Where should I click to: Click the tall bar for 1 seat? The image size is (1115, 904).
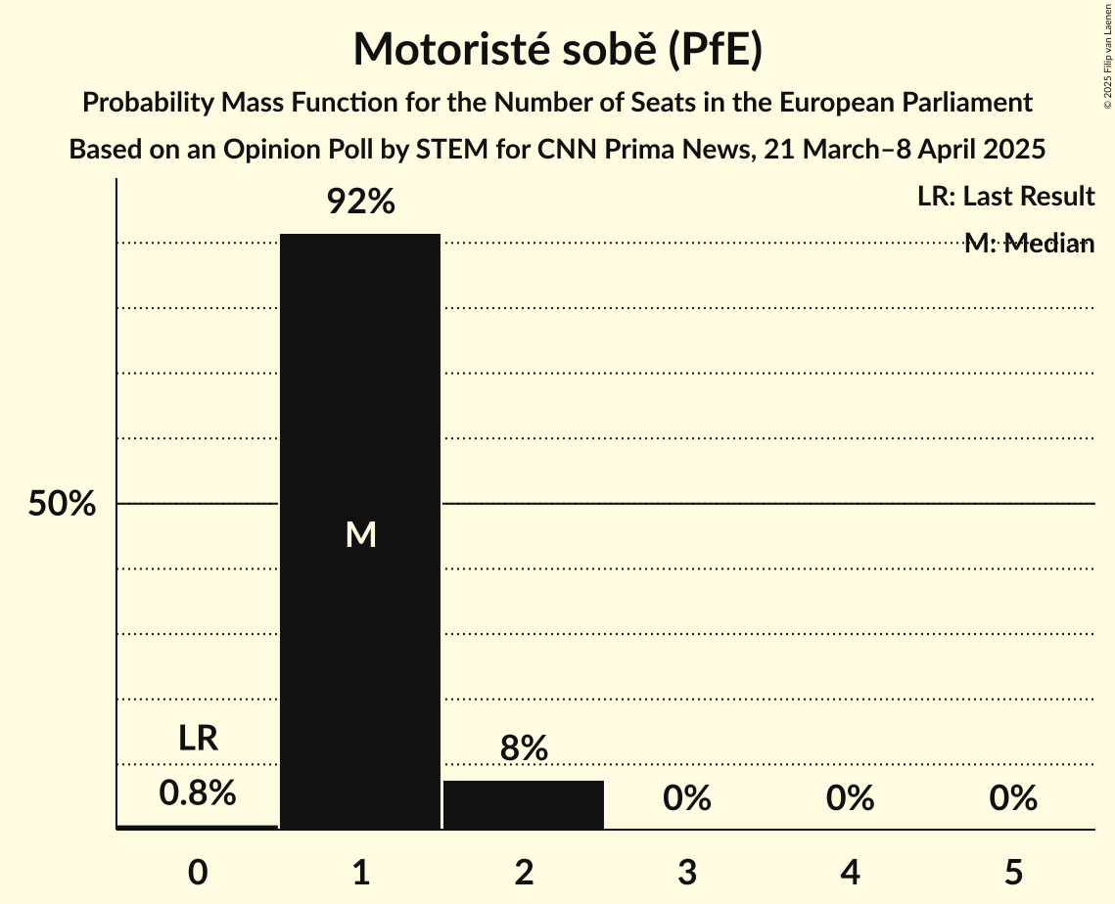click(360, 391)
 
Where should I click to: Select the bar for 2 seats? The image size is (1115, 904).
click(524, 804)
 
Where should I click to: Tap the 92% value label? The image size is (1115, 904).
click(360, 203)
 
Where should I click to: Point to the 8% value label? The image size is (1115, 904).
click(524, 748)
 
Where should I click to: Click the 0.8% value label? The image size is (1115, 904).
click(198, 792)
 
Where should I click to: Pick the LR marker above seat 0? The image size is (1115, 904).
click(198, 739)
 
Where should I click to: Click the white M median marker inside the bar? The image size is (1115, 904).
click(360, 534)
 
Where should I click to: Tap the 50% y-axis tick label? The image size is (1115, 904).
click(62, 504)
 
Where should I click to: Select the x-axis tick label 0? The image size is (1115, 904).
click(198, 872)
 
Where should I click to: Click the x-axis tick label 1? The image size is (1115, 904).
click(360, 872)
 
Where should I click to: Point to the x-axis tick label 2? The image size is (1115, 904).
click(524, 872)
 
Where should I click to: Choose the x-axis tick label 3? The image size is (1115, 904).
click(686, 872)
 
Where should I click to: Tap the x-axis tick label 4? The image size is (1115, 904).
click(850, 872)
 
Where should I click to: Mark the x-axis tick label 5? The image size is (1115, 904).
click(1012, 872)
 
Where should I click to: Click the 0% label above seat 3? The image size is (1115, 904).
click(686, 798)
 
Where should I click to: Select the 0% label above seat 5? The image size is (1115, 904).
click(1012, 798)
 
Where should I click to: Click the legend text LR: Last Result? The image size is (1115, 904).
click(1005, 197)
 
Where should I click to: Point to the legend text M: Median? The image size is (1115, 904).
click(1029, 244)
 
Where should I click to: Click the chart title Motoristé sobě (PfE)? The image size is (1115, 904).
click(557, 50)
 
